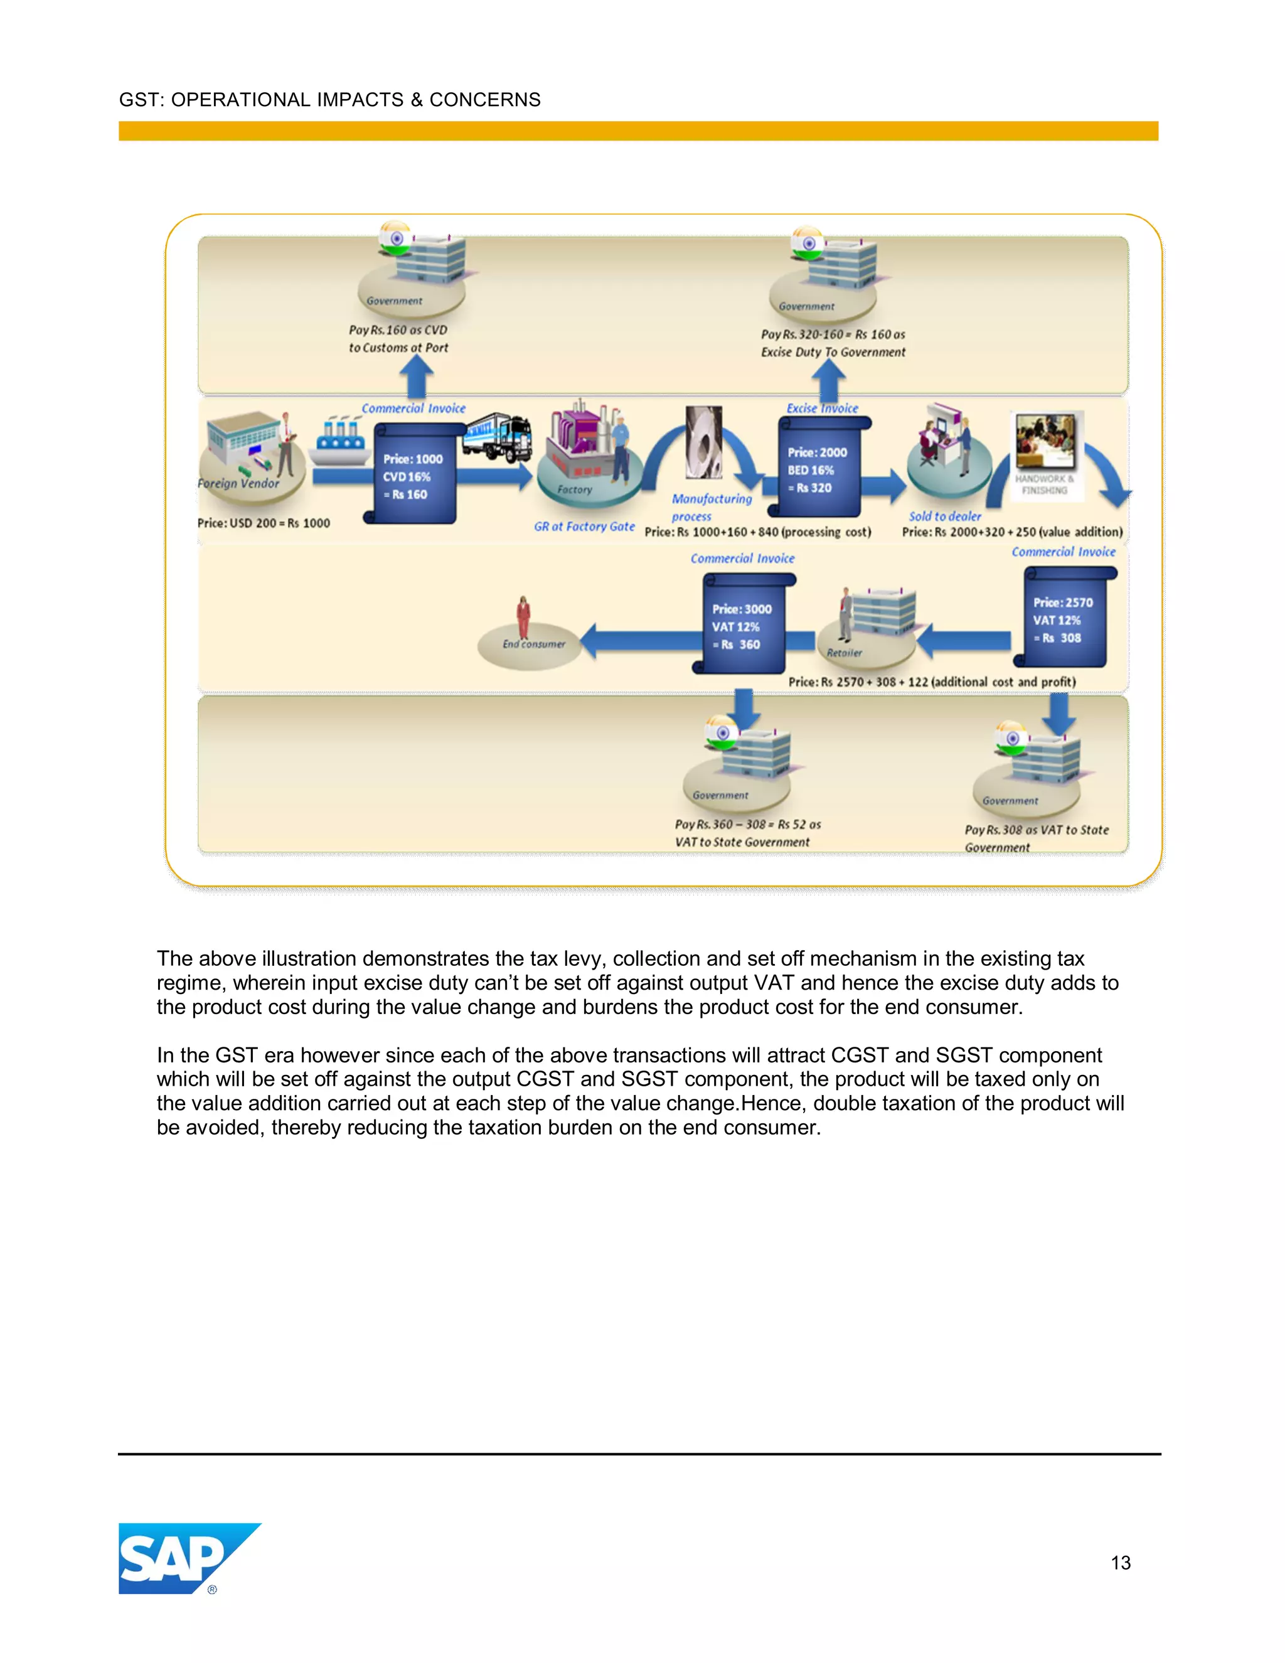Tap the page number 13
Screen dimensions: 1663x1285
tap(1120, 1563)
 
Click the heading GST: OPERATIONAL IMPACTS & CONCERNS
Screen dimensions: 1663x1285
tap(329, 100)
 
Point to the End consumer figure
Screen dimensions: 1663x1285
tap(523, 618)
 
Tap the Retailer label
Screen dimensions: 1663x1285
tap(845, 653)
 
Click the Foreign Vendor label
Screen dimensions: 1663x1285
tap(238, 483)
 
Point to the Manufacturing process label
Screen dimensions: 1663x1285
tap(710, 507)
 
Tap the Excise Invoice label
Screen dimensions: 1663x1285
tap(822, 408)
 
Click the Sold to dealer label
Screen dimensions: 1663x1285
tap(945, 516)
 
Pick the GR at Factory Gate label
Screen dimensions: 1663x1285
tap(584, 526)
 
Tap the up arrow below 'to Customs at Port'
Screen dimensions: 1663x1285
tap(417, 375)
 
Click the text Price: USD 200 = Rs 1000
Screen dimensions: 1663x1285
tap(264, 523)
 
